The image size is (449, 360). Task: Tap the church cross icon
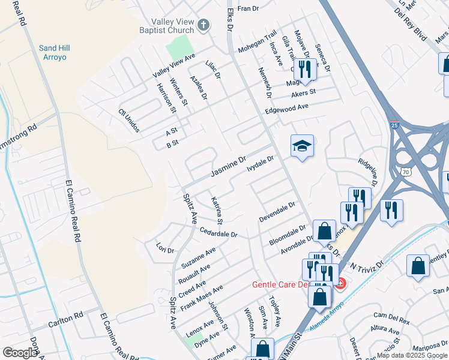pyautogui.click(x=203, y=25)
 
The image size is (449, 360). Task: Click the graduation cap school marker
pyautogui.click(x=302, y=146)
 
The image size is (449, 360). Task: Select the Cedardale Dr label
pyautogui.click(x=219, y=232)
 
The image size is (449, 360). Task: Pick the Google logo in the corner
pyautogui.click(x=20, y=353)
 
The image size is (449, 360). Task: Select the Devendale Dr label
pyautogui.click(x=277, y=212)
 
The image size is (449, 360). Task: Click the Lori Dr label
pyautogui.click(x=164, y=248)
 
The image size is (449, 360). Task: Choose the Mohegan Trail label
pyautogui.click(x=257, y=42)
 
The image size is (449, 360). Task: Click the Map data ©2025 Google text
pyautogui.click(x=412, y=355)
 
